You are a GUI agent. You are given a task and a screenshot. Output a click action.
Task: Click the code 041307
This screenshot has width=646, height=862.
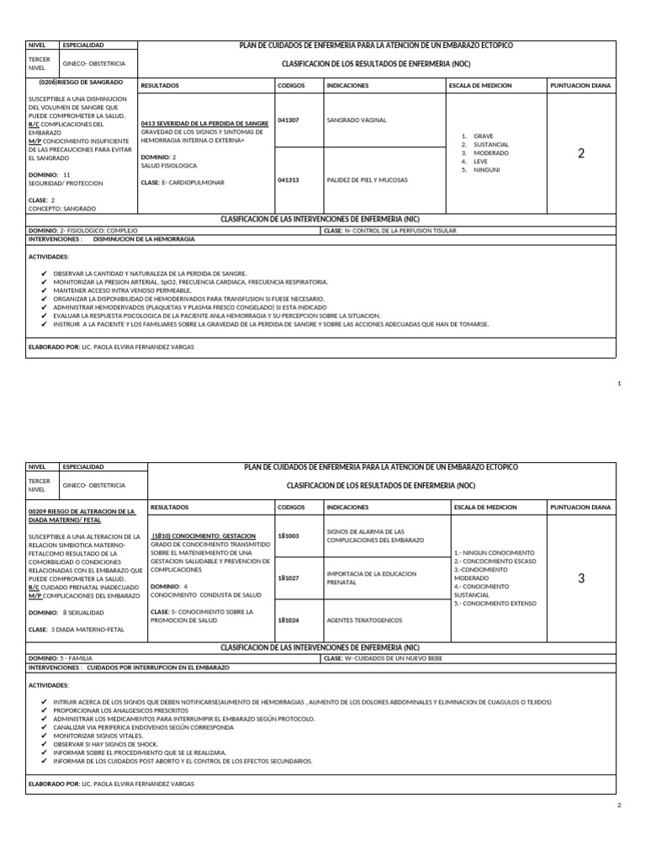(x=288, y=120)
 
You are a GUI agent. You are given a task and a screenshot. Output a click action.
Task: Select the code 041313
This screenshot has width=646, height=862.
(x=288, y=179)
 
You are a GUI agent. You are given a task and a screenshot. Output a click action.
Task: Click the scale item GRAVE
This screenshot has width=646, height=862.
(x=484, y=136)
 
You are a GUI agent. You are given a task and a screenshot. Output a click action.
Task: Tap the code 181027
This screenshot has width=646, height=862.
(x=288, y=578)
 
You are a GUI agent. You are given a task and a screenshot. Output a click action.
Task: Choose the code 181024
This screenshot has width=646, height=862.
(x=288, y=620)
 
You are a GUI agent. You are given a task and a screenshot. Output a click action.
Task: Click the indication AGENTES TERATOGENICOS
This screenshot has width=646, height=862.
(x=364, y=620)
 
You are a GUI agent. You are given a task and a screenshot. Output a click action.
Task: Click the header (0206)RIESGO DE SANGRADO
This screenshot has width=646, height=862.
(x=81, y=82)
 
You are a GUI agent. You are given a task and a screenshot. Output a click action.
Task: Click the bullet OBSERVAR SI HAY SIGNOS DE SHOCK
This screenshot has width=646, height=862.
(x=105, y=744)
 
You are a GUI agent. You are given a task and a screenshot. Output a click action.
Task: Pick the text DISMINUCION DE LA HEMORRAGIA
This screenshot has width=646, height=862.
(x=144, y=239)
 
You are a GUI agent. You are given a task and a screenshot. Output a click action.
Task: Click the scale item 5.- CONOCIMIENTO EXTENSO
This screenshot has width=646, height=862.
(x=496, y=604)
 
